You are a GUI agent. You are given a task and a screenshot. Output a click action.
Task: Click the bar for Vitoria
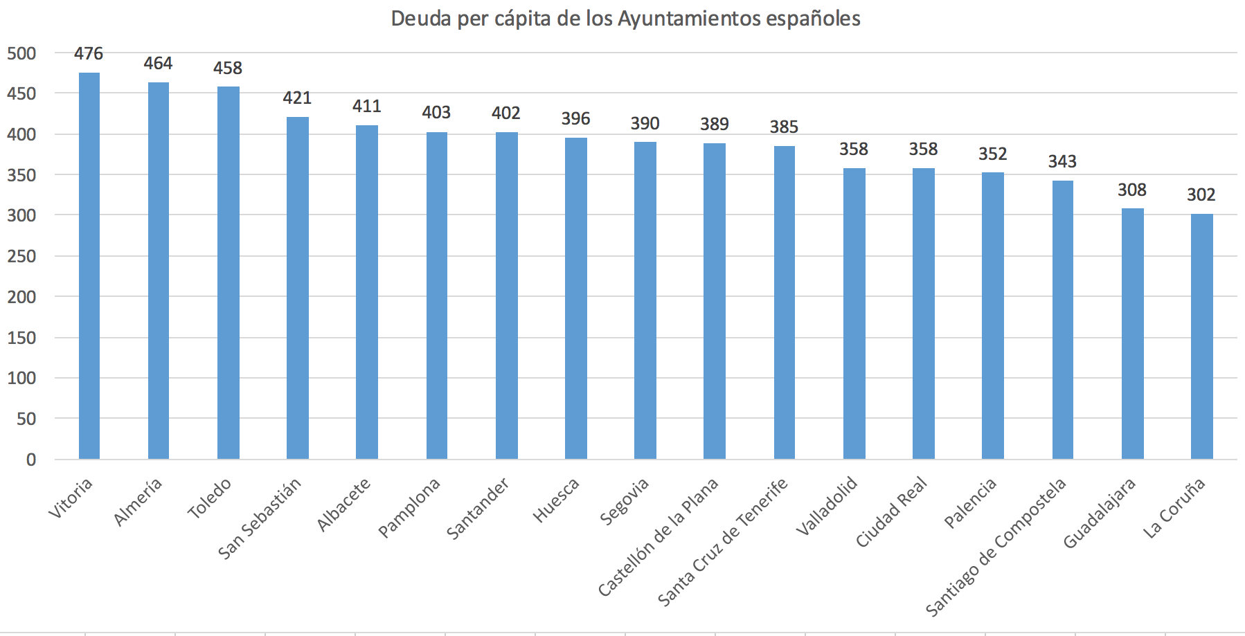[89, 266]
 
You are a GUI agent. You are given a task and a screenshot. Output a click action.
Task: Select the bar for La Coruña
[1201, 336]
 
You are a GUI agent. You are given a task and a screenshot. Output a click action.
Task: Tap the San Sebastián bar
[298, 288]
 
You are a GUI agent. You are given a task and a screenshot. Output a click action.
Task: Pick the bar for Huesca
[575, 298]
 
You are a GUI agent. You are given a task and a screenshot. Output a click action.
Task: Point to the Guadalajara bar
[1132, 334]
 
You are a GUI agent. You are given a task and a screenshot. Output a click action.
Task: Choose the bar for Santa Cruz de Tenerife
[784, 302]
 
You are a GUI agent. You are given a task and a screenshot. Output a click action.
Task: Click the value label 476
[89, 54]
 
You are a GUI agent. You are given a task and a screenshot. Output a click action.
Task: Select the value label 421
[297, 98]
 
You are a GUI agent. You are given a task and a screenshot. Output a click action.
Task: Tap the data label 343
[1062, 162]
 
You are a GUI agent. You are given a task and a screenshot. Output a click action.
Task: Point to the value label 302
[1201, 195]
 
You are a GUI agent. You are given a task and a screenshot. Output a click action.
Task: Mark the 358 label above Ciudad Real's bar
[923, 149]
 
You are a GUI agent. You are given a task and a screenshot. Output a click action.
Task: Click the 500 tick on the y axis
[21, 54]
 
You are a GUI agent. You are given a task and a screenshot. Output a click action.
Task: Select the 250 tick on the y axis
[21, 257]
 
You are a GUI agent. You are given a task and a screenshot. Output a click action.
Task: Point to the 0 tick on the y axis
[30, 460]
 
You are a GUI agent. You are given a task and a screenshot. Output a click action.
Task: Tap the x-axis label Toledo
[209, 499]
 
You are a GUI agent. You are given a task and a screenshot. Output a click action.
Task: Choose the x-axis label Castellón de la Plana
[659, 536]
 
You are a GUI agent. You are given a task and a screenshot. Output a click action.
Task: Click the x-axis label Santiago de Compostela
[996, 547]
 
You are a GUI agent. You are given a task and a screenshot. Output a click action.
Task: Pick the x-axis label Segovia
[625, 501]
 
